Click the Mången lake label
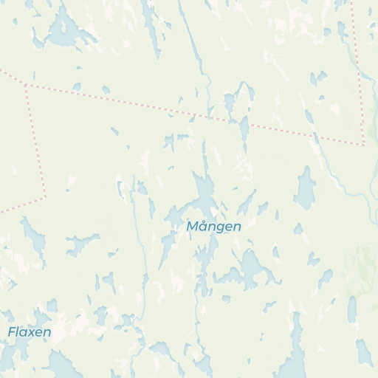pyautogui.click(x=214, y=226)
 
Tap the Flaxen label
pyautogui.click(x=30, y=332)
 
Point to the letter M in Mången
pyautogui.click(x=193, y=226)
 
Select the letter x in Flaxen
pyautogui.click(x=30, y=333)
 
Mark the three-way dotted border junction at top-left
pyautogui.click(x=26, y=84)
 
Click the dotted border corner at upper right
pyautogui.click(x=363, y=144)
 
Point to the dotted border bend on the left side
pyautogui.click(x=46, y=196)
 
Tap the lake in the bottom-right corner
pyautogui.click(x=364, y=353)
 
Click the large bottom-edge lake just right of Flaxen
pyautogui.click(x=62, y=365)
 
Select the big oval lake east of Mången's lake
pyautogui.click(x=305, y=188)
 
